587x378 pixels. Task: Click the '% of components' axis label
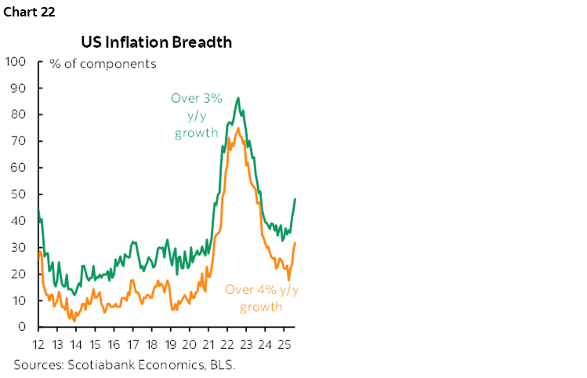103,64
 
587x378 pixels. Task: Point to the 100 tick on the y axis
16,61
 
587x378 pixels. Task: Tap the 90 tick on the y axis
19,88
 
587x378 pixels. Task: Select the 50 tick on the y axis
19,194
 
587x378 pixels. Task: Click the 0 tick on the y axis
23,327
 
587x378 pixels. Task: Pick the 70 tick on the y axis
19,141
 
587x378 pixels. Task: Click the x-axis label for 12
38,345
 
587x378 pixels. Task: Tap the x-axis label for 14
75,345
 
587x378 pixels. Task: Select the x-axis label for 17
132,345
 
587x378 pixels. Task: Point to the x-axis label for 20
190,345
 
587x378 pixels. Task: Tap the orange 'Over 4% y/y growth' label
262,298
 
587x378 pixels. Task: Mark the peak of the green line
238,98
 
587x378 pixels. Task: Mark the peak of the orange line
237,128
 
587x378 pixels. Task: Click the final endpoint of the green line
295,199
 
